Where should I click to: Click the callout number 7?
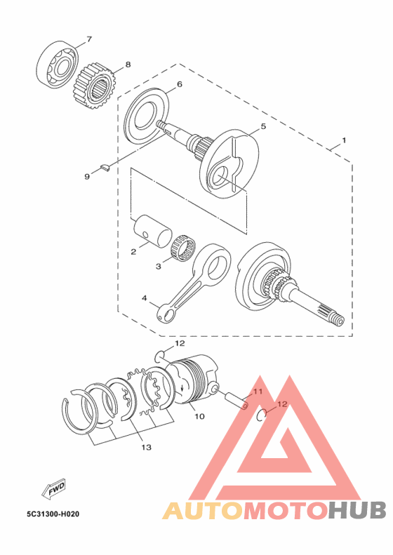click(89, 39)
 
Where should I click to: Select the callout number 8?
click(128, 65)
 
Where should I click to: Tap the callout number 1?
click(344, 140)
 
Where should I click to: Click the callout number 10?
click(199, 416)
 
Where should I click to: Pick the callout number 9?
click(87, 176)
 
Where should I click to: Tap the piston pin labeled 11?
click(235, 401)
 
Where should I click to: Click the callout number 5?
click(263, 126)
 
